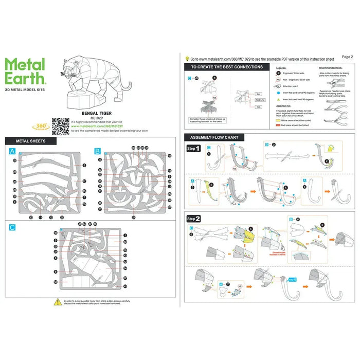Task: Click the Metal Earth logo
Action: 26,71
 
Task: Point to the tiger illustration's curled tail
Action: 127,87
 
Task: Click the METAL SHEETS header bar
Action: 31,141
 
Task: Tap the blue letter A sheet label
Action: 12,151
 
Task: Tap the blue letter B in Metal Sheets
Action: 97,151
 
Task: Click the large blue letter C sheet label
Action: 12,227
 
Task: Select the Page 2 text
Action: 347,57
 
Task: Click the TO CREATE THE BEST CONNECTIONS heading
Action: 227,67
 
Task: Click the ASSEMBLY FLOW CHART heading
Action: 214,137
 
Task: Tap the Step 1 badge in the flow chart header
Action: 193,149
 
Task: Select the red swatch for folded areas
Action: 278,125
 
